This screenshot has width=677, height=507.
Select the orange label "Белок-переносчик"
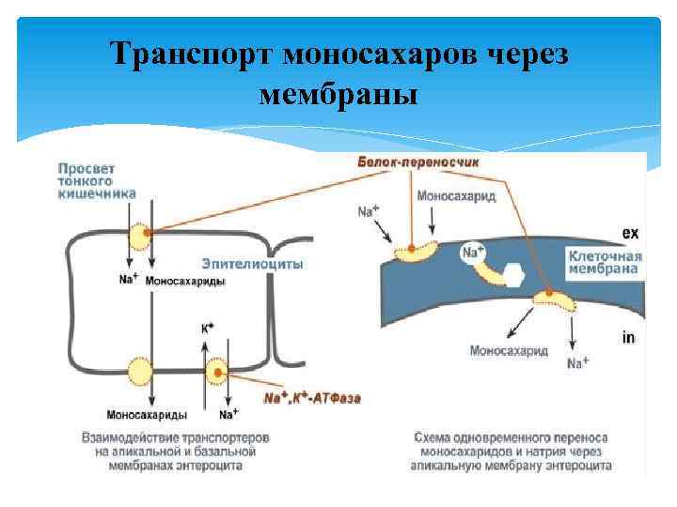(418, 162)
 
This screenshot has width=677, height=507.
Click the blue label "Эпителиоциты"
(252, 264)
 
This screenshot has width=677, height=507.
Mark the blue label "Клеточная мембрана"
(605, 262)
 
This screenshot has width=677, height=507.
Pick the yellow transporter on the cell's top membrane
(140, 237)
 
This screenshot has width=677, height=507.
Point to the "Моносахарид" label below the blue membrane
(509, 351)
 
